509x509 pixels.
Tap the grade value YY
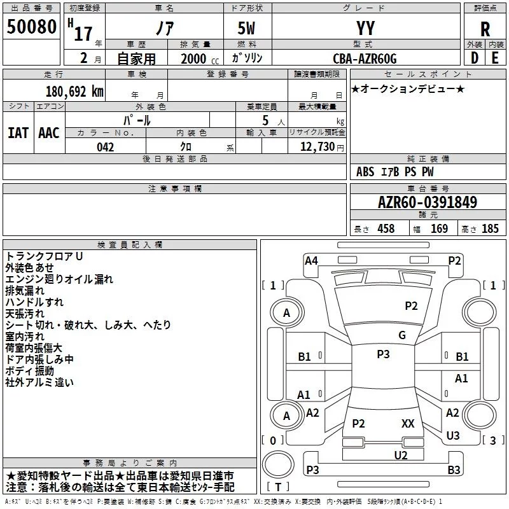click(x=366, y=28)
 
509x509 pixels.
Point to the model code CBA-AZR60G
click(x=365, y=59)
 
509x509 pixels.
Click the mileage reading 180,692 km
click(x=74, y=91)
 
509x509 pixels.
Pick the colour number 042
click(x=106, y=147)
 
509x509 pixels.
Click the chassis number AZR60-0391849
click(x=428, y=202)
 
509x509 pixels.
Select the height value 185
click(x=490, y=229)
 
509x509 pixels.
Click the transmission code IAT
click(x=18, y=133)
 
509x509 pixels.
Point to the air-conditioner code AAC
click(x=49, y=133)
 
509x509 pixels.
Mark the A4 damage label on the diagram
click(x=311, y=260)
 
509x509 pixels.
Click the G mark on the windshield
click(x=402, y=335)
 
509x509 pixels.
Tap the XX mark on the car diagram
click(x=408, y=423)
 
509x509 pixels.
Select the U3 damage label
click(x=453, y=435)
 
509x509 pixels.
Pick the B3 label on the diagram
click(x=454, y=470)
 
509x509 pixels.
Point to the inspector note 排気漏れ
click(x=25, y=291)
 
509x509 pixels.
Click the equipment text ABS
click(x=365, y=172)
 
